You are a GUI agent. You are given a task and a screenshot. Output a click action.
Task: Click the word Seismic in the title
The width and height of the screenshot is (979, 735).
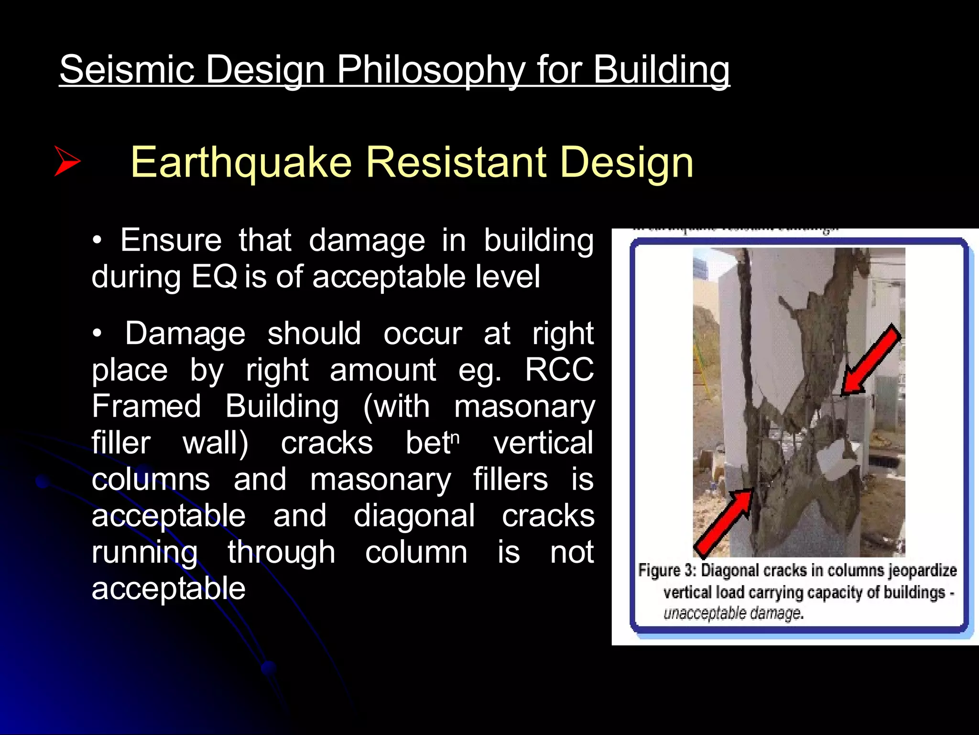[x=127, y=70]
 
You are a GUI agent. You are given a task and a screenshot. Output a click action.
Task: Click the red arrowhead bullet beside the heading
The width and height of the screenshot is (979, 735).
[x=67, y=161]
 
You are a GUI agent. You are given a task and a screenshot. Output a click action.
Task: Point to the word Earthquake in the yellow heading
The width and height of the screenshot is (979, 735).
[x=241, y=163]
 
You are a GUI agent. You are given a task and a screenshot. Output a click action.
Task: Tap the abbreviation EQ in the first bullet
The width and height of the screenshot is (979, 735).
[x=214, y=277]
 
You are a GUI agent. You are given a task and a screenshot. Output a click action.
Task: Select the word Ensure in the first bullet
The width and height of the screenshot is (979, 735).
[x=171, y=240]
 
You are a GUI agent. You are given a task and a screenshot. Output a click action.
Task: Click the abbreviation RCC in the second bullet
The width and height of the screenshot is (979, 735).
[x=559, y=370]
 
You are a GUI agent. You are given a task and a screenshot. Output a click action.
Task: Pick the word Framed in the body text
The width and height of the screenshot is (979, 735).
[x=146, y=406]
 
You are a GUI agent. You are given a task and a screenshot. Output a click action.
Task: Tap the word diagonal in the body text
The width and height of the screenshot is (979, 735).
[x=414, y=516]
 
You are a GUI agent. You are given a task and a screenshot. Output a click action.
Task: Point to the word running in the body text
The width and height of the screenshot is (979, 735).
[x=144, y=552]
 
